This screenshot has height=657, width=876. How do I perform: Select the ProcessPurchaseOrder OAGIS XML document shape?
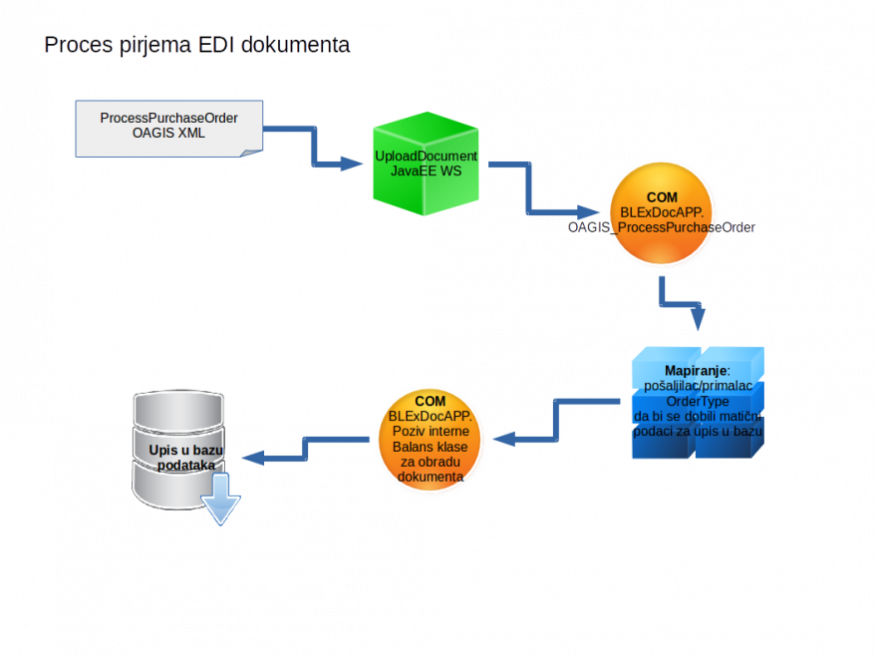tap(168, 128)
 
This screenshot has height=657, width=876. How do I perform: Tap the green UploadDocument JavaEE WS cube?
tap(426, 164)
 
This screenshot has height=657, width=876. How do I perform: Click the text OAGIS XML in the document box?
tap(168, 133)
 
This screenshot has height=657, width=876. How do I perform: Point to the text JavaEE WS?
tap(426, 171)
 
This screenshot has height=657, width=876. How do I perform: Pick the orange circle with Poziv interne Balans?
tap(430, 440)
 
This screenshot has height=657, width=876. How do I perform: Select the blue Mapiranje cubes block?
tap(698, 403)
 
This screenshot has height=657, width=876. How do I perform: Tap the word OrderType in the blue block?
tap(698, 402)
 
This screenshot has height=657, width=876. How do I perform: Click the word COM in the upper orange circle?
tap(662, 198)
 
